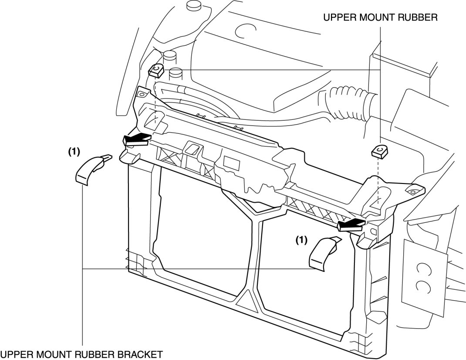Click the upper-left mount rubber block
point(156,69)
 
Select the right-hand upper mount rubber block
point(378,151)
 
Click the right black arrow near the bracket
point(350,224)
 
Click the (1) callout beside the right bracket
point(301,239)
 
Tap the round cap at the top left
point(192,6)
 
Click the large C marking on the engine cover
point(240,31)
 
